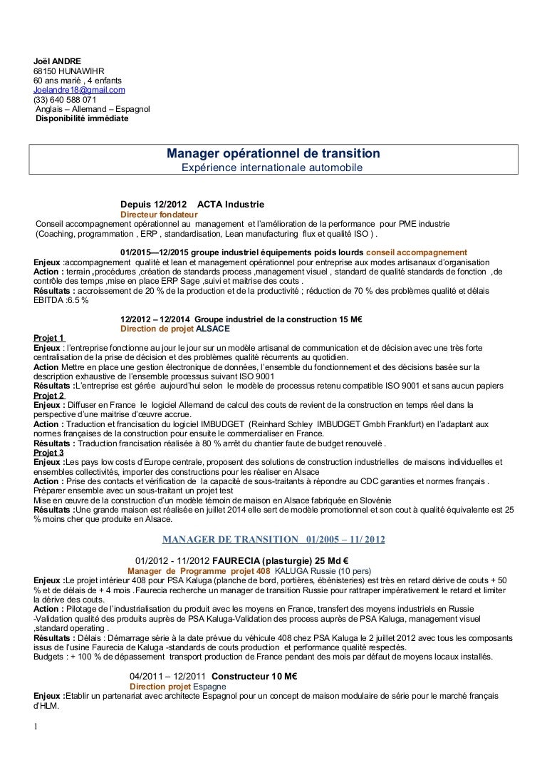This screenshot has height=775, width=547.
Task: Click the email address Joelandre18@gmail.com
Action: [x=79, y=91]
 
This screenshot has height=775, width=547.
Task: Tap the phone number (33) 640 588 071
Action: [x=65, y=101]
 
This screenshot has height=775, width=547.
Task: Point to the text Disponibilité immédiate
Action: [x=82, y=119]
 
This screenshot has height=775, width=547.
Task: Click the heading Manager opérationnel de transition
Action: [x=273, y=154]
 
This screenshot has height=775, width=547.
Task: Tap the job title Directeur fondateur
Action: [x=159, y=215]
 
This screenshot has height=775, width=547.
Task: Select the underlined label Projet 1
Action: [x=50, y=338]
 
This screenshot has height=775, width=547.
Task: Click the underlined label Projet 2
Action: [x=50, y=395]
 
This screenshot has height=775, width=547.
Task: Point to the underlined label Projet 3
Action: [x=50, y=452]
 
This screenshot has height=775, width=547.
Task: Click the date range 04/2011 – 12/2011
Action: [x=168, y=676]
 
